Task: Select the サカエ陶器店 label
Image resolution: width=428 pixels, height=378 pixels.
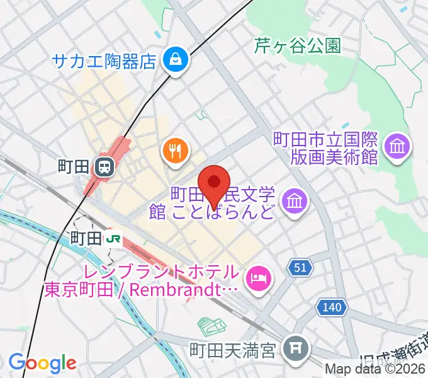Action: click(x=104, y=61)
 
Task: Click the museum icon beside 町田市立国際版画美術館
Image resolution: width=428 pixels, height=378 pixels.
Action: click(x=399, y=147)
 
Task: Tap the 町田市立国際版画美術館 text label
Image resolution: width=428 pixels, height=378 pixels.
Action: click(x=325, y=147)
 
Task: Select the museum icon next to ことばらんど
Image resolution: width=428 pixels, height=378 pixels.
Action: click(x=294, y=201)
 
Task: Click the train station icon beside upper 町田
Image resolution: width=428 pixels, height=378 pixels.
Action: click(x=104, y=167)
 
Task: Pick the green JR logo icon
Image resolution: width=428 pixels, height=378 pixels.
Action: click(x=114, y=238)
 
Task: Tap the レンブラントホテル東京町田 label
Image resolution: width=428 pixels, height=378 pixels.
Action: click(x=142, y=282)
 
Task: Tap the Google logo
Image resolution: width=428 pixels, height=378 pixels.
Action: click(x=42, y=363)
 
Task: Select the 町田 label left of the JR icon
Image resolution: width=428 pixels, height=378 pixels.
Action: click(x=86, y=238)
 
